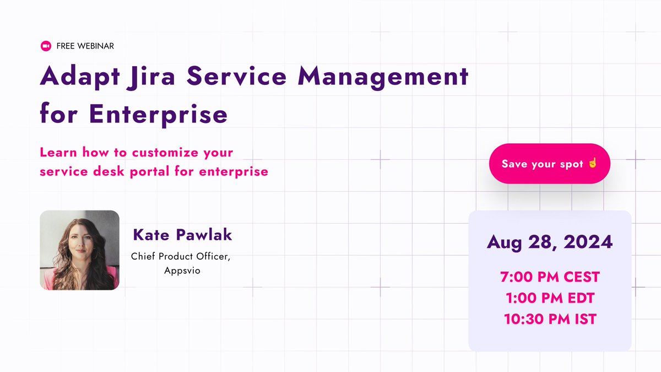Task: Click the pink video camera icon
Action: pyautogui.click(x=46, y=46)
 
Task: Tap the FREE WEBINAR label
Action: pyautogui.click(x=85, y=46)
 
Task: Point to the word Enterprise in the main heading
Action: pyautogui.click(x=158, y=114)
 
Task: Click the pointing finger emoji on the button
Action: pyautogui.click(x=593, y=164)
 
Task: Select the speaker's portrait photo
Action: pyautogui.click(x=79, y=250)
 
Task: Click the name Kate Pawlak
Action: pyautogui.click(x=182, y=235)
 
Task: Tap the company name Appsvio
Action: pyautogui.click(x=182, y=271)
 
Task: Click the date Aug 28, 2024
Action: pyautogui.click(x=550, y=242)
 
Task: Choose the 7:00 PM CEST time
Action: pyautogui.click(x=550, y=277)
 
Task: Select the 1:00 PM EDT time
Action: pyautogui.click(x=550, y=298)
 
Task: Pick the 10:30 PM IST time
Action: pyautogui.click(x=550, y=319)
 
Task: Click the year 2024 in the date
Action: pyautogui.click(x=590, y=242)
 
